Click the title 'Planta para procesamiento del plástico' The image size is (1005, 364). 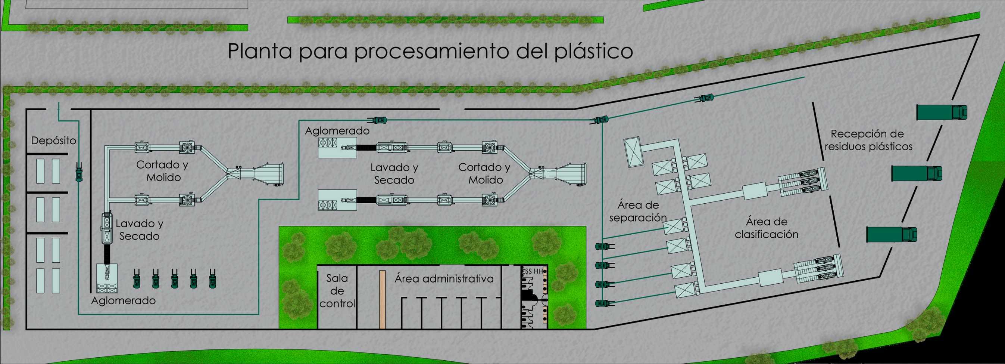(x=430, y=52)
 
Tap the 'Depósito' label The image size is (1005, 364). (x=53, y=141)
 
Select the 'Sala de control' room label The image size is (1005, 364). (x=337, y=291)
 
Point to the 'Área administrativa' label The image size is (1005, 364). (x=444, y=279)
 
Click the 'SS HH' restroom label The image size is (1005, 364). (x=533, y=271)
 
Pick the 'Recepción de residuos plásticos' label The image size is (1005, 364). (x=868, y=140)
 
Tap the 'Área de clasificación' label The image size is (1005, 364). (x=767, y=228)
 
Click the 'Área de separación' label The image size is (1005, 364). (x=638, y=211)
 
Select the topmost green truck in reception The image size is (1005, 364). (x=942, y=112)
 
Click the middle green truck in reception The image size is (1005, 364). (x=917, y=173)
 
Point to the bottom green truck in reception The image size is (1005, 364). (x=892, y=234)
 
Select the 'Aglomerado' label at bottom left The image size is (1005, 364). (x=123, y=300)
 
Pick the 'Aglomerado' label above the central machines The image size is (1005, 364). (x=337, y=131)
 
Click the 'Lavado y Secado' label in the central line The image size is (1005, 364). (x=394, y=174)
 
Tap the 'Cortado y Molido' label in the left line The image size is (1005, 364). (x=163, y=171)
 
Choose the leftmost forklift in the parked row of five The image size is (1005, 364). (x=137, y=278)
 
